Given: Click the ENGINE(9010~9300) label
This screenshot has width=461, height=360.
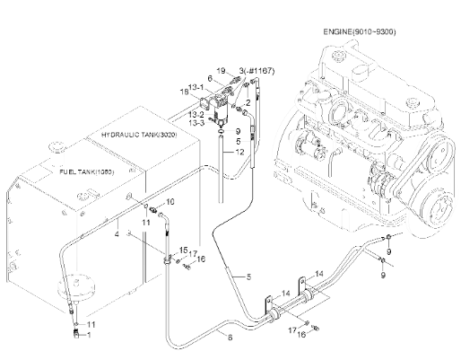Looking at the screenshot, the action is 360,31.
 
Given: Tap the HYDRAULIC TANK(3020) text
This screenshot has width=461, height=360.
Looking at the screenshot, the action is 139,135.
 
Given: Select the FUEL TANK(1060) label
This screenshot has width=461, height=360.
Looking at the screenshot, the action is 87,172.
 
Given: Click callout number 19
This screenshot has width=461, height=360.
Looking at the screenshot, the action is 221,71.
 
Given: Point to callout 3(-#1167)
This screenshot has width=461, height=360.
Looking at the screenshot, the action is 257,71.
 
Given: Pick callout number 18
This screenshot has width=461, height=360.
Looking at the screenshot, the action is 185,92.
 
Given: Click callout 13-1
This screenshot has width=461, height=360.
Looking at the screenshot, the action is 196,87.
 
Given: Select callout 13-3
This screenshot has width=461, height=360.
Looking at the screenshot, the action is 196,123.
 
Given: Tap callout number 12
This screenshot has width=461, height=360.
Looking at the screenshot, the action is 239,152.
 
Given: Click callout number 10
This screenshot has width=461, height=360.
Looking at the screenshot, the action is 170,202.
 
